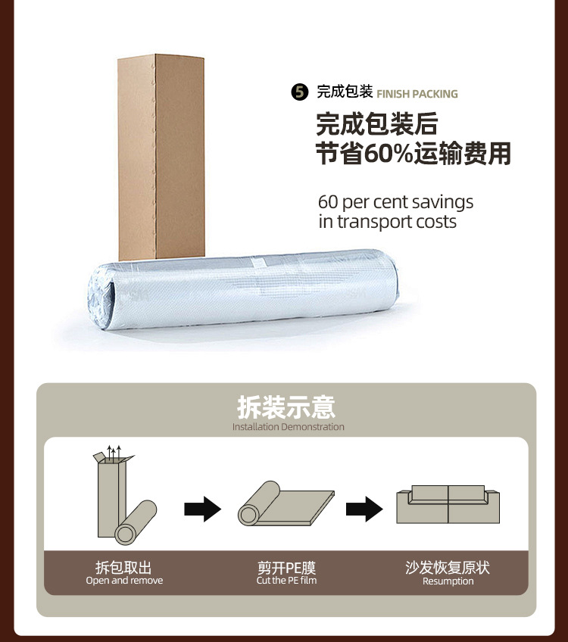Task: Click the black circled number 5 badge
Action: (301, 93)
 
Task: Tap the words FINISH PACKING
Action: (417, 94)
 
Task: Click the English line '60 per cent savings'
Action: (395, 202)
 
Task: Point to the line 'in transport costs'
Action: (387, 222)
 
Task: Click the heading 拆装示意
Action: (286, 407)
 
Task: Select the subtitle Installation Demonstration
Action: (288, 427)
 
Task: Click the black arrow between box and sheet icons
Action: (202, 508)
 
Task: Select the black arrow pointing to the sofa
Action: (364, 508)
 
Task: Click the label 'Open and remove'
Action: (124, 581)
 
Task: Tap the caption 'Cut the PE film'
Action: (286, 581)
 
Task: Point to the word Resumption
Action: (448, 581)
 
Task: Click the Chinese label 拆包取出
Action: (123, 567)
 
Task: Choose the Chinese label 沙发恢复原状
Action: (448, 567)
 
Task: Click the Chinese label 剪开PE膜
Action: (286, 567)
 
